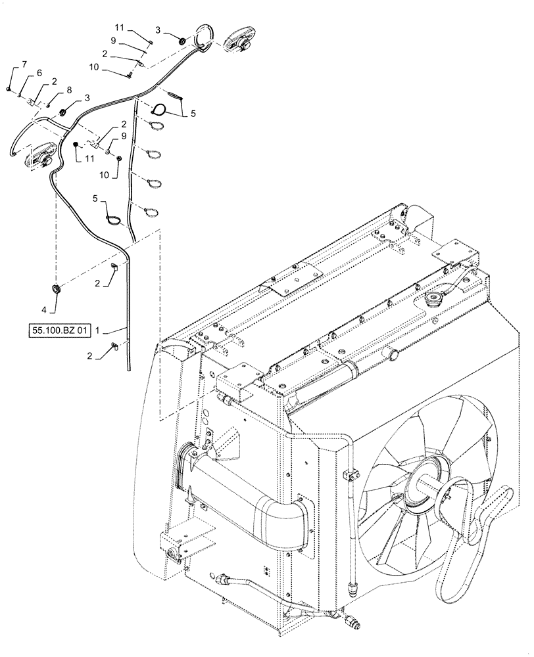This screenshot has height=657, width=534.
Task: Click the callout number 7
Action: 24,64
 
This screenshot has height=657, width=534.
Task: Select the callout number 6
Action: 39,74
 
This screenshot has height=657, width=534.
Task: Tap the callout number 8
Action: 69,90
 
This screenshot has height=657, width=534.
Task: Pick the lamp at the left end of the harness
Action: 40,155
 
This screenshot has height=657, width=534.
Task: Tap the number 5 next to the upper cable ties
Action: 193,113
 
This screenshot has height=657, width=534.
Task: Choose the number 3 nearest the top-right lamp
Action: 157,30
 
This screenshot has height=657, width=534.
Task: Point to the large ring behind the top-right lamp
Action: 205,37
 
